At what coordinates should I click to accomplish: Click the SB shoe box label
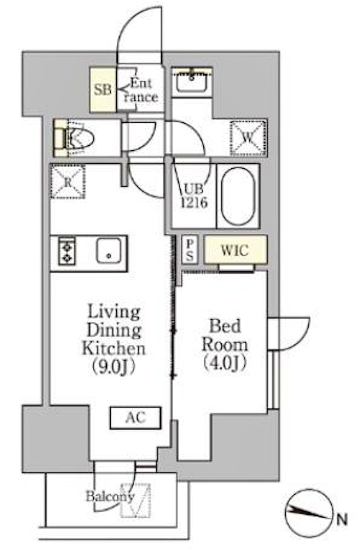pos(103,89)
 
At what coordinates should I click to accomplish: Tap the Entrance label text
pos(141,90)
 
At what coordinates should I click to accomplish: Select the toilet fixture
pos(74,138)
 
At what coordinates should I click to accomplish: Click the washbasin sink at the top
pos(192,81)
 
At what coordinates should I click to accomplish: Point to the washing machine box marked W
pos(248,138)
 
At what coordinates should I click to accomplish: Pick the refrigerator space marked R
pos(67,182)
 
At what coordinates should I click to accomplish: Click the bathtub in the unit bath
pos(238,196)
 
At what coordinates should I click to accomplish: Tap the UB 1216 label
pos(194,196)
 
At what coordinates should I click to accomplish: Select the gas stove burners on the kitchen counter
pos(67,251)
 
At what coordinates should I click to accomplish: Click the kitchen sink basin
pos(108,250)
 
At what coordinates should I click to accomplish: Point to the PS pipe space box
pos(190,249)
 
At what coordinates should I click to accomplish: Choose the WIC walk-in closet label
pos(235,250)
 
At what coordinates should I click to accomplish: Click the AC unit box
pos(135,418)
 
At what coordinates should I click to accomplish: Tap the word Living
pos(114,312)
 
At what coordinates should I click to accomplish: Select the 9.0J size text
pos(114,367)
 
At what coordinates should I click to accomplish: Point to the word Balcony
pos(110,496)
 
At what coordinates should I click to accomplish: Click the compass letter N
pos(342,519)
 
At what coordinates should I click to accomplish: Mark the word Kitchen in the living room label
pos(114,349)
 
